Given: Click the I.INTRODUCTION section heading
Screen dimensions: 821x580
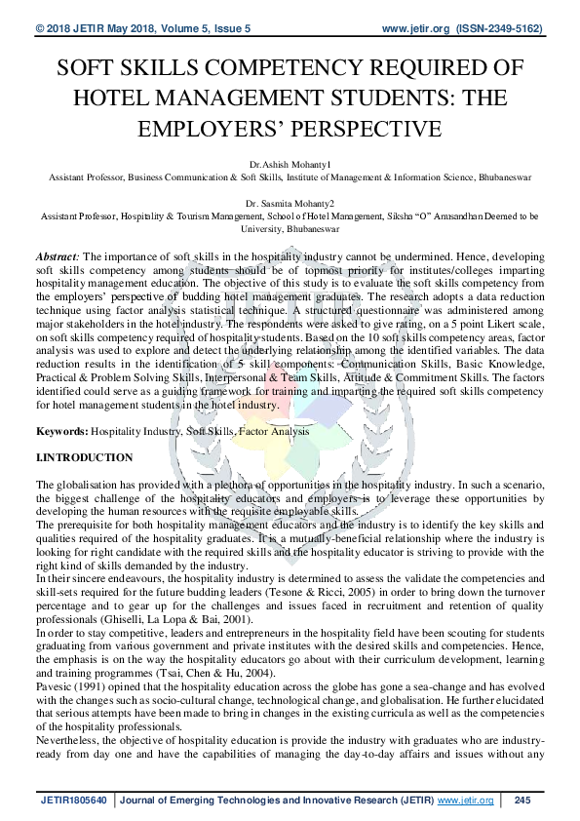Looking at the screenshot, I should (85, 457).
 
